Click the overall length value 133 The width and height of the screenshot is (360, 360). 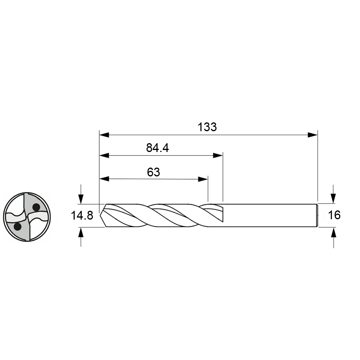point(207,127)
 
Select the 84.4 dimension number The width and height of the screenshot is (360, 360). point(158,148)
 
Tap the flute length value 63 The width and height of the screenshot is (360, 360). point(153,172)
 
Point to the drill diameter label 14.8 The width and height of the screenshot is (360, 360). point(82,216)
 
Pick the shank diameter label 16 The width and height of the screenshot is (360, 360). point(334,215)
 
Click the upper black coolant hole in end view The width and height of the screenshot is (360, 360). point(36,207)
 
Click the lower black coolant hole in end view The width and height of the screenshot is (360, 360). point(18,227)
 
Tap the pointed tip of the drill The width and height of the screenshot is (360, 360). point(100,215)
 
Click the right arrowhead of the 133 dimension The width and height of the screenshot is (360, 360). point(312,135)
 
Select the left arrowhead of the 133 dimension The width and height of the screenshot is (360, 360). point(104,135)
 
